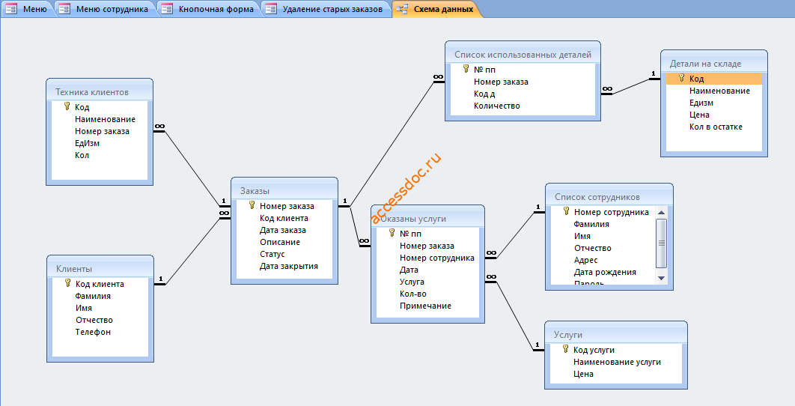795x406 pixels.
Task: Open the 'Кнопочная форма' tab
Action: [x=210, y=9]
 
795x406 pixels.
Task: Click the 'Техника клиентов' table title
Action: [x=92, y=92]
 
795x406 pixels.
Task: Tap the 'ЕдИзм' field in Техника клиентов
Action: [x=87, y=143]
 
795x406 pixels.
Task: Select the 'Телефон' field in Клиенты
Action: [x=93, y=332]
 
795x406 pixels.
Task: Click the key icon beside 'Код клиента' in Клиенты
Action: [x=67, y=283]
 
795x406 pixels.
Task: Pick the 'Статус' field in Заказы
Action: [x=272, y=254]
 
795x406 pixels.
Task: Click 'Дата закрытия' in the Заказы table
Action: [x=289, y=266]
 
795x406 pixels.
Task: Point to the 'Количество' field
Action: [x=497, y=106]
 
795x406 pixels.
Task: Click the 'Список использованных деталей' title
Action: [x=523, y=54]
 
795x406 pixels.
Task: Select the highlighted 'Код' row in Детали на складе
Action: [x=714, y=79]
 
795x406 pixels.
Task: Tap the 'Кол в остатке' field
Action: [x=716, y=127]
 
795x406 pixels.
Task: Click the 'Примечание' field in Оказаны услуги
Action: [x=425, y=306]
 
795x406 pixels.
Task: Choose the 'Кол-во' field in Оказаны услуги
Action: [x=413, y=294]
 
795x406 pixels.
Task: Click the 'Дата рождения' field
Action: [x=605, y=272]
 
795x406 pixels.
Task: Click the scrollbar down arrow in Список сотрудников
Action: [x=661, y=278]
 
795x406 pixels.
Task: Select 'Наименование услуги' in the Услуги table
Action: [x=617, y=362]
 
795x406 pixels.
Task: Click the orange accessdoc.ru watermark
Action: [x=406, y=188]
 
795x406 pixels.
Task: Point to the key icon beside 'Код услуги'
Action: [x=566, y=349]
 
